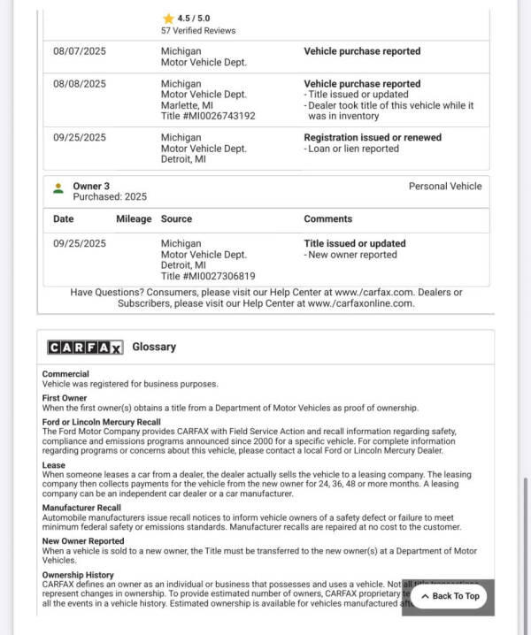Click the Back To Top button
tap(450, 596)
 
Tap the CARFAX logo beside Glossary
tap(85, 348)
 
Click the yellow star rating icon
tap(168, 18)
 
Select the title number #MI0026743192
tap(208, 116)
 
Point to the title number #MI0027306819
tap(208, 276)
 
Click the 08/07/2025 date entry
tap(80, 51)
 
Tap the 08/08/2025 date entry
tap(80, 84)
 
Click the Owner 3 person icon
tap(58, 187)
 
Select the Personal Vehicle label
tap(445, 187)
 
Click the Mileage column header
tap(134, 219)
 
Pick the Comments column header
tap(328, 219)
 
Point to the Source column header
tap(176, 219)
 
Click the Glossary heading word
tap(154, 348)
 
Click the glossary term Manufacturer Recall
tap(81, 509)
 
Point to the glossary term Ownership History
tap(78, 575)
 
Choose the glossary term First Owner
tap(65, 398)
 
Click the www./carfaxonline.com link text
tap(360, 303)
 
